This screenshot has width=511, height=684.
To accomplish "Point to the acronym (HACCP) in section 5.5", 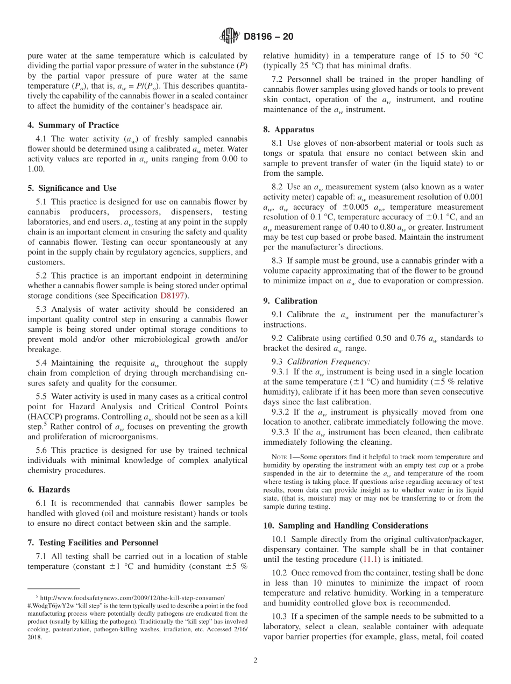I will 44,417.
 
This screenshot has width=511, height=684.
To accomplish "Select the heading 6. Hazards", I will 48,490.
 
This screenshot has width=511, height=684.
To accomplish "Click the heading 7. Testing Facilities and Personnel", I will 93,543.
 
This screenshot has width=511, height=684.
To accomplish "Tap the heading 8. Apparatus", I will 288,130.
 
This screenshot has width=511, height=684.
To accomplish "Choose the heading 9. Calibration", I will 290,301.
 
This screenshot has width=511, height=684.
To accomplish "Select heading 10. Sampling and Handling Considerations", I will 345,525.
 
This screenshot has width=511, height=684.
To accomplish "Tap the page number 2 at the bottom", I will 256,660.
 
